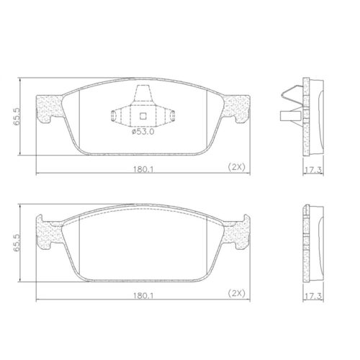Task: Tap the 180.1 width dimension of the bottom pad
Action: [140, 296]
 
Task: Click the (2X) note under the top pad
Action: [237, 167]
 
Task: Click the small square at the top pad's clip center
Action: [142, 117]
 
